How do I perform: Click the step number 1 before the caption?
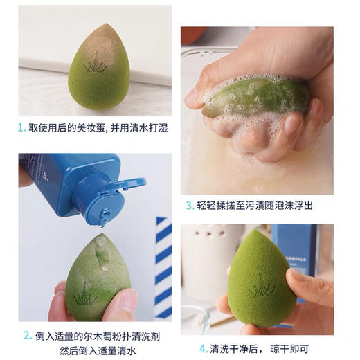pyautogui.click(x=22, y=127)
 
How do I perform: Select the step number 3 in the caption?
pyautogui.click(x=189, y=206)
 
